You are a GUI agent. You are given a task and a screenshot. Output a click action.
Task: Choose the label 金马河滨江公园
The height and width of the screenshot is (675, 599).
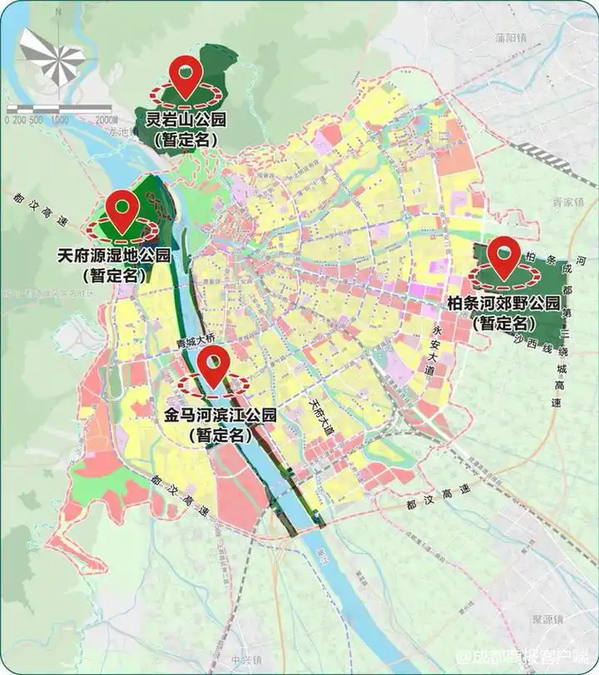220,414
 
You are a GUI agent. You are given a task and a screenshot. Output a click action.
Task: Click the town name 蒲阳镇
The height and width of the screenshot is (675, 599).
511,38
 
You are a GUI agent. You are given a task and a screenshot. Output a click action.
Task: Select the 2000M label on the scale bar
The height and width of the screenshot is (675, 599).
97,120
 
